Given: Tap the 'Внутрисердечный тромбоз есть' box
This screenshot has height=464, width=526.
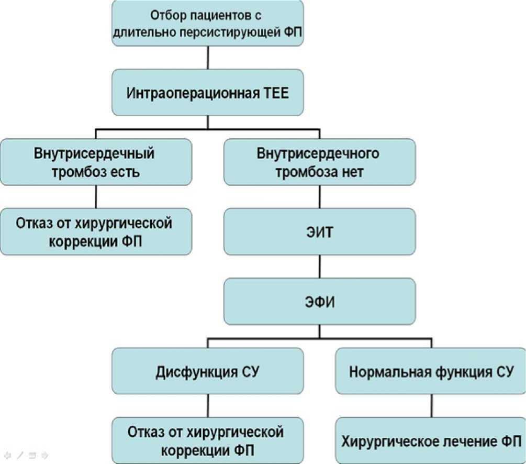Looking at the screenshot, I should click(x=95, y=162).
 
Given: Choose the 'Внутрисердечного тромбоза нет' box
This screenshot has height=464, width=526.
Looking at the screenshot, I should click(x=320, y=162).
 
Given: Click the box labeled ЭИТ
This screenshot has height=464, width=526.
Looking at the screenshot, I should click(x=320, y=232).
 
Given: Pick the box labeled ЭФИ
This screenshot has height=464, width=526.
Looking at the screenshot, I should click(x=320, y=301).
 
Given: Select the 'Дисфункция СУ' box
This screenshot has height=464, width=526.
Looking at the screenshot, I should click(x=208, y=371).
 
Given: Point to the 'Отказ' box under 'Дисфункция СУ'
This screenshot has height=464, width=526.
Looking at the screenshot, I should click(x=208, y=440).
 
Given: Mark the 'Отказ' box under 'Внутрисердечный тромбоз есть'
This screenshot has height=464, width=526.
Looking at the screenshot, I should click(x=95, y=232).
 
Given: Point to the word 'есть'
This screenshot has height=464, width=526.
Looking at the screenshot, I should click(x=125, y=171).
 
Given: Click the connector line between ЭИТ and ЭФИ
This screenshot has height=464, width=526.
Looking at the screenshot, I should click(x=320, y=267).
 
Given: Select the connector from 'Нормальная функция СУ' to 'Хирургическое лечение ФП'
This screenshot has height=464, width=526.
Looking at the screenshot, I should click(x=430, y=406).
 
